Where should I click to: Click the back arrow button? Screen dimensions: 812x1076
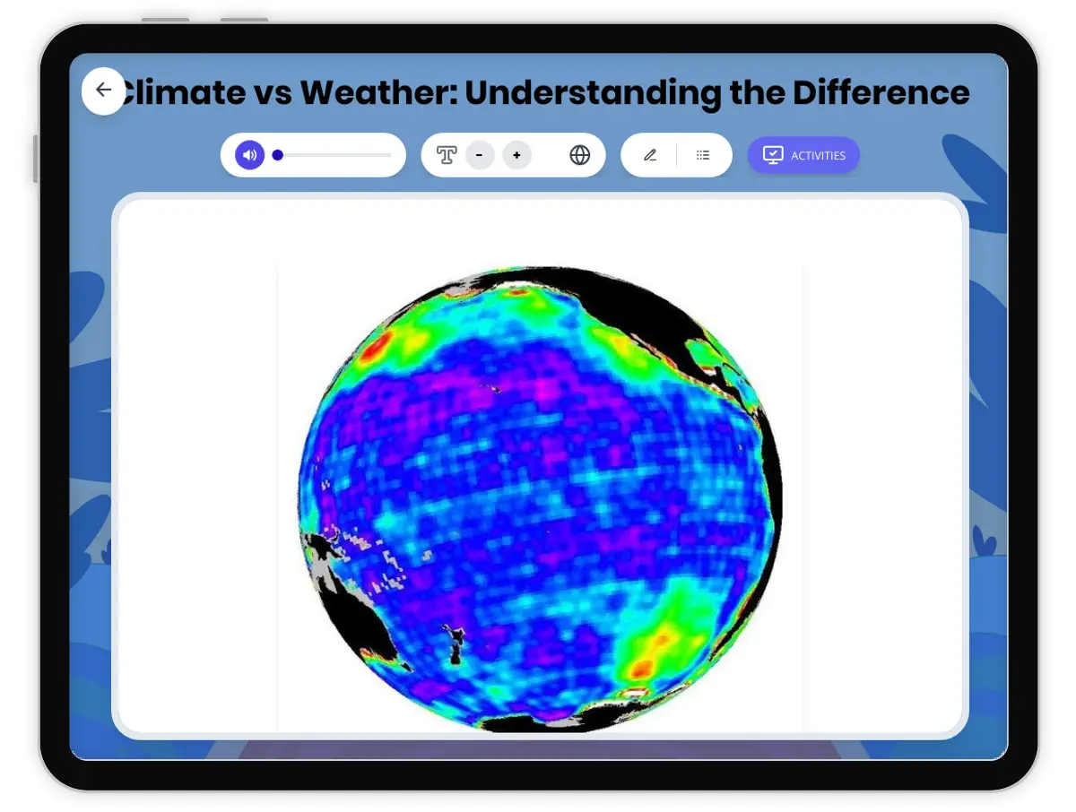click(x=103, y=91)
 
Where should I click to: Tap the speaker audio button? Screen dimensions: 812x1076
click(x=249, y=155)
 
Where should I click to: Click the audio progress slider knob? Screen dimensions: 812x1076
click(x=278, y=155)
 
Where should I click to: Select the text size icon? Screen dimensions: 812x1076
click(x=447, y=155)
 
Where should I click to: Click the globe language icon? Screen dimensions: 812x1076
click(x=580, y=155)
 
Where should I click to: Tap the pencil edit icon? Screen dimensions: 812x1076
click(x=650, y=155)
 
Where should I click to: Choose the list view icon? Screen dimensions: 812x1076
click(x=703, y=155)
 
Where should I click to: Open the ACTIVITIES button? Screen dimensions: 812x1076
click(x=803, y=155)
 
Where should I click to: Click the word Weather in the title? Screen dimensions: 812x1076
click(x=377, y=92)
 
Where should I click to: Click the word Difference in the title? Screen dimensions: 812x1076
click(x=881, y=92)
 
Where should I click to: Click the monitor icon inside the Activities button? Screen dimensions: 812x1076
click(x=772, y=155)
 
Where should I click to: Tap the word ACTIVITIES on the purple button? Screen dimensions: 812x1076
click(x=818, y=156)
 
